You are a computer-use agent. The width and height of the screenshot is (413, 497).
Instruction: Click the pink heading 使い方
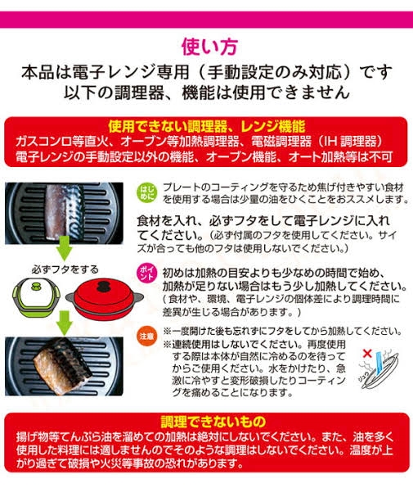point(209,47)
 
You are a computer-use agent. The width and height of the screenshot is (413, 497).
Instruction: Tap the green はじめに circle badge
point(147,192)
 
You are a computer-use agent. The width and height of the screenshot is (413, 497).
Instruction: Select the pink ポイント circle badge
point(147,273)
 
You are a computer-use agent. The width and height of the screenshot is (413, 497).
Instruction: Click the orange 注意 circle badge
point(147,336)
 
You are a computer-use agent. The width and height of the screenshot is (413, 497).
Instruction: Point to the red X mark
point(367,354)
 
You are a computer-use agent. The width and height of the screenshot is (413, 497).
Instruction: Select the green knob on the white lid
point(35,287)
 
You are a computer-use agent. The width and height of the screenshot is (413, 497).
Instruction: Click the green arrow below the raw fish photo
point(65,251)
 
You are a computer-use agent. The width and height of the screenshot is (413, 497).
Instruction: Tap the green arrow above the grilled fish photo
point(65,323)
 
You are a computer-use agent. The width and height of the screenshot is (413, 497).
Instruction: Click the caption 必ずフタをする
point(65,269)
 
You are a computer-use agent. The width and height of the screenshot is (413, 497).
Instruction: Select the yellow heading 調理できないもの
point(213,422)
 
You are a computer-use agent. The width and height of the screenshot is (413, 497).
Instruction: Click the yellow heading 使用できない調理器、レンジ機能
point(207,126)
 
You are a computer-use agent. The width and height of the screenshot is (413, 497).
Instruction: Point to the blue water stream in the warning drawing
point(379,360)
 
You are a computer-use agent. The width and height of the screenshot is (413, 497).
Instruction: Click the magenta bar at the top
point(206,20)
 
